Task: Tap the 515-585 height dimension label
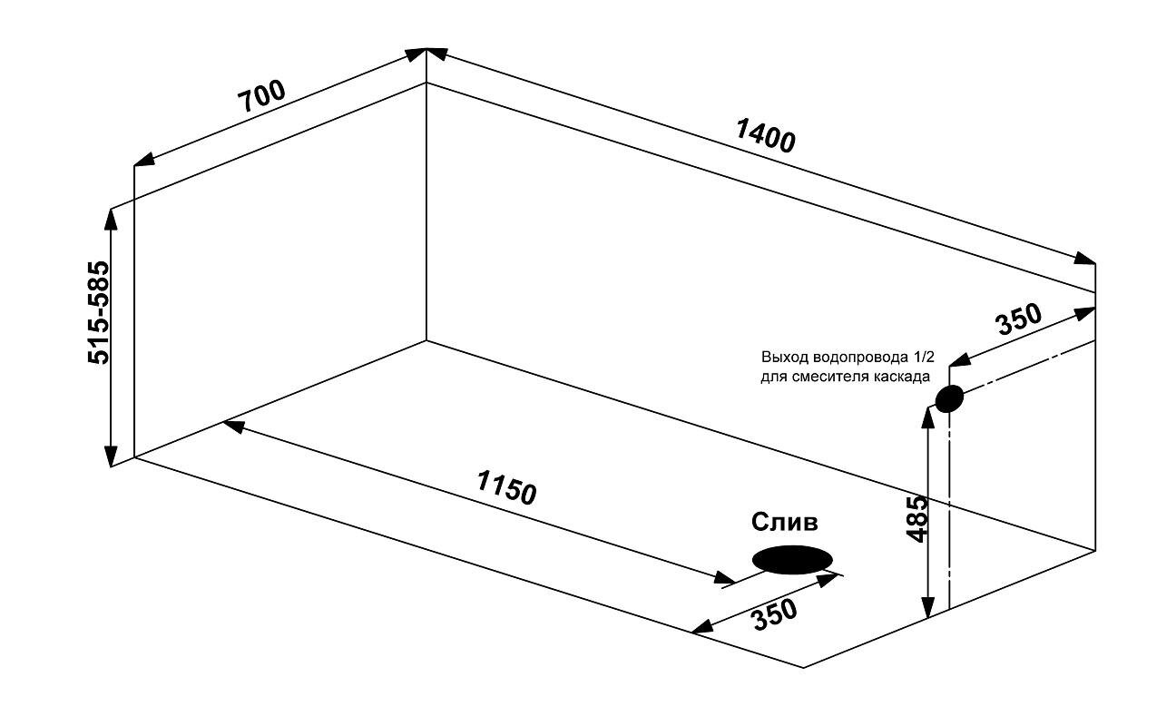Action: pyautogui.click(x=98, y=313)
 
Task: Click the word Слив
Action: pyautogui.click(x=785, y=522)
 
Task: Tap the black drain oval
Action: pyautogui.click(x=793, y=560)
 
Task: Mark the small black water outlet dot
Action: pyautogui.click(x=948, y=398)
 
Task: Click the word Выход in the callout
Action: pyautogui.click(x=782, y=357)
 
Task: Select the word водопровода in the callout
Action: pyautogui.click(x=854, y=357)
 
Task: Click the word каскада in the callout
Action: pyautogui.click(x=902, y=376)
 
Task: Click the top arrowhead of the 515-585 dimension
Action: pyautogui.click(x=112, y=216)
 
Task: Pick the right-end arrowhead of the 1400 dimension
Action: pyautogui.click(x=1085, y=259)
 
